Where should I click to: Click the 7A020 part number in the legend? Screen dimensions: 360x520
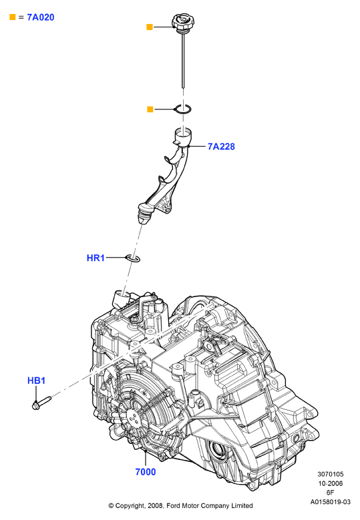[41, 17]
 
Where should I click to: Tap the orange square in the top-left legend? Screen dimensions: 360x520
[13, 17]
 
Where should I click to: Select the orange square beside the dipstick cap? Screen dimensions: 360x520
[150, 27]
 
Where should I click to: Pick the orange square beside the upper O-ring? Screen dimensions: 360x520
[150, 109]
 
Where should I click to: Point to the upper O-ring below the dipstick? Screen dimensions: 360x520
[183, 109]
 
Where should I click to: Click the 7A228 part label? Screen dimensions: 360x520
[221, 146]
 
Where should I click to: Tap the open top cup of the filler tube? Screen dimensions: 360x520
[183, 135]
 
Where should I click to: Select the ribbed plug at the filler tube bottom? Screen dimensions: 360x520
[145, 215]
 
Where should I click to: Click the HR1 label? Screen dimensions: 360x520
[96, 258]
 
